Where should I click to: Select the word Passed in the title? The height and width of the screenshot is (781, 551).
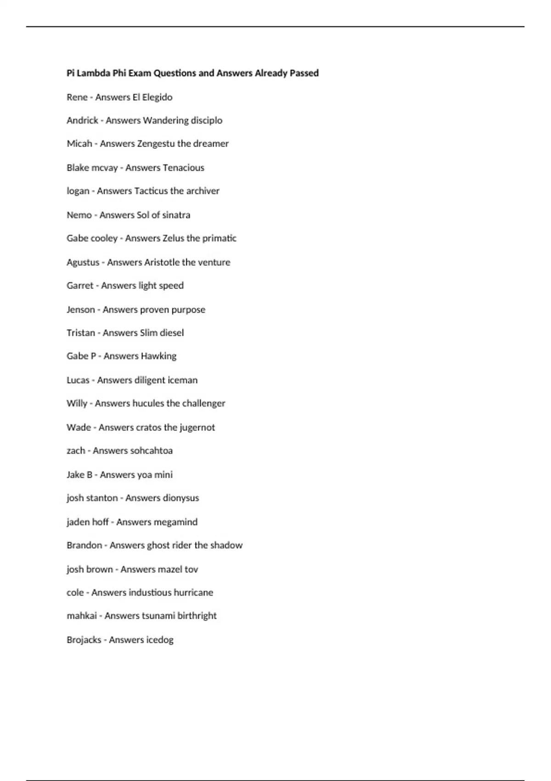click(304, 73)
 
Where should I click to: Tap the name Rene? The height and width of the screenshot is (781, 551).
click(77, 97)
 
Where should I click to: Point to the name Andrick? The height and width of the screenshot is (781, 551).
click(82, 120)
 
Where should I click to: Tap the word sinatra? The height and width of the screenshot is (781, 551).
click(176, 215)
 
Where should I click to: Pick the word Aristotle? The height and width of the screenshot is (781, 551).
click(162, 262)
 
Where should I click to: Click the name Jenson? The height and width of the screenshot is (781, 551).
click(80, 310)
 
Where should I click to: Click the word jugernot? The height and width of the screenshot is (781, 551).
click(197, 427)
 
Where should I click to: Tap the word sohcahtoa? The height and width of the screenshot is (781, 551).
click(151, 451)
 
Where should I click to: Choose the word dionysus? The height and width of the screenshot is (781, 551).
click(180, 498)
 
